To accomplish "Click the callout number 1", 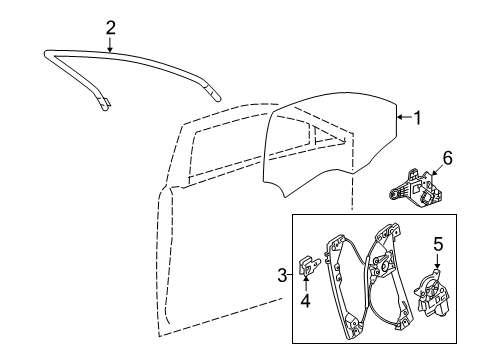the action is coord(417,118).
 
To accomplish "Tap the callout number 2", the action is coord(111,28).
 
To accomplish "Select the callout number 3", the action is coord(282,275).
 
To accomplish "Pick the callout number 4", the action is coord(305,300).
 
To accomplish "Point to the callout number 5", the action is coord(438,244).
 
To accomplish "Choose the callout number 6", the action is coord(447,158).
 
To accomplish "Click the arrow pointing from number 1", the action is coord(404,117).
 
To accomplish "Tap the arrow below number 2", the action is coord(110,44).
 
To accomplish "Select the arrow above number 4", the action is coord(306,284).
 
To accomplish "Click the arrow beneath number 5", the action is coord(437,261).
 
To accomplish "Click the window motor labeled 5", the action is coord(430,294).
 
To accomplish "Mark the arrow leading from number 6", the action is coord(437,169).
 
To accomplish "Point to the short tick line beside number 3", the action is coord(290,275).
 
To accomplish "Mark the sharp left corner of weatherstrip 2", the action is coord(45,53).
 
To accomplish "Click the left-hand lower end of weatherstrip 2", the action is coord(105,107).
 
